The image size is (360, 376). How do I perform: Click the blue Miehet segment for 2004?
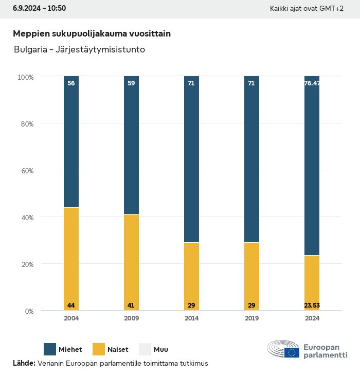(71, 142)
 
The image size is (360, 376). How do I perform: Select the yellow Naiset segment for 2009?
(131, 260)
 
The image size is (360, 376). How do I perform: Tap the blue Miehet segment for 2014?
(191, 159)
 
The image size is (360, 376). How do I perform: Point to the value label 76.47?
(312, 83)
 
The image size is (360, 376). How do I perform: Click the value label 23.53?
(312, 306)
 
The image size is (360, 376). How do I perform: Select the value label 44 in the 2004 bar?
(71, 306)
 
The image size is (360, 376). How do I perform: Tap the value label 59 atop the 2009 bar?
(131, 83)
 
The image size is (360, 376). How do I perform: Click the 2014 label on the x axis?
(191, 318)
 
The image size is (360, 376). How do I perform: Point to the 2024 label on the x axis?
(312, 318)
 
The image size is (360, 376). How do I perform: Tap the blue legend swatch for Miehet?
(50, 349)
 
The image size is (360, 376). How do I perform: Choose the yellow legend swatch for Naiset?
(99, 349)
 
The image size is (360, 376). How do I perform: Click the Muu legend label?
(161, 350)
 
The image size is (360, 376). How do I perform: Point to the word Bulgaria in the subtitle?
(28, 50)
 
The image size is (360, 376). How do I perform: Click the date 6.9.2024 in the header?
(27, 8)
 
